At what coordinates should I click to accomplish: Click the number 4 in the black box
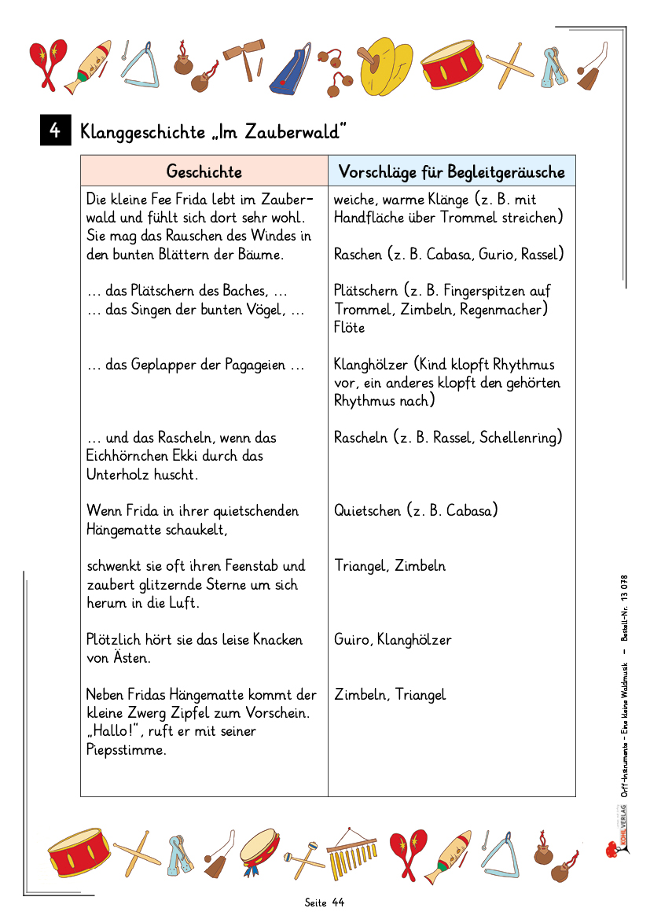coord(55,130)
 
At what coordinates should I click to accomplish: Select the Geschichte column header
coord(204,171)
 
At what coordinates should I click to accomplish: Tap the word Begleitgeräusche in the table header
coord(506,171)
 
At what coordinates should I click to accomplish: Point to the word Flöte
coord(350,328)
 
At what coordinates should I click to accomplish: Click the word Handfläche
coord(369,218)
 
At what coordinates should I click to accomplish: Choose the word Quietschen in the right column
coord(367,511)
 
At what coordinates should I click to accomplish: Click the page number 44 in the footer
coord(338,902)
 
